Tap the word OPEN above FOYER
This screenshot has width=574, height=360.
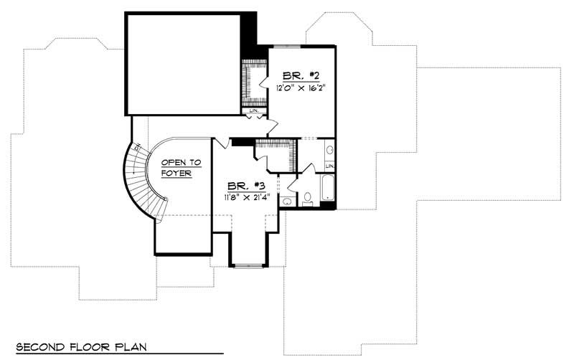(x=169, y=163)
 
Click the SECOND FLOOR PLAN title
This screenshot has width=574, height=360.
(x=80, y=346)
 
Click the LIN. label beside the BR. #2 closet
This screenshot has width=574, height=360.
(x=254, y=111)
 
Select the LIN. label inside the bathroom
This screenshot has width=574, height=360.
(x=329, y=166)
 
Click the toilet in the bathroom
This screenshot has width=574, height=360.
(x=307, y=197)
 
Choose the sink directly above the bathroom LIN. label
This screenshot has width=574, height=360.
(x=329, y=151)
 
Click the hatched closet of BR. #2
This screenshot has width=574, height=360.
(x=253, y=82)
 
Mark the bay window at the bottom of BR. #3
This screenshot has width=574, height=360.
(x=248, y=265)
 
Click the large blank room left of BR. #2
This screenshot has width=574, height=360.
(x=184, y=63)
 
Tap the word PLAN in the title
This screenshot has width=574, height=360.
(x=130, y=346)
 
